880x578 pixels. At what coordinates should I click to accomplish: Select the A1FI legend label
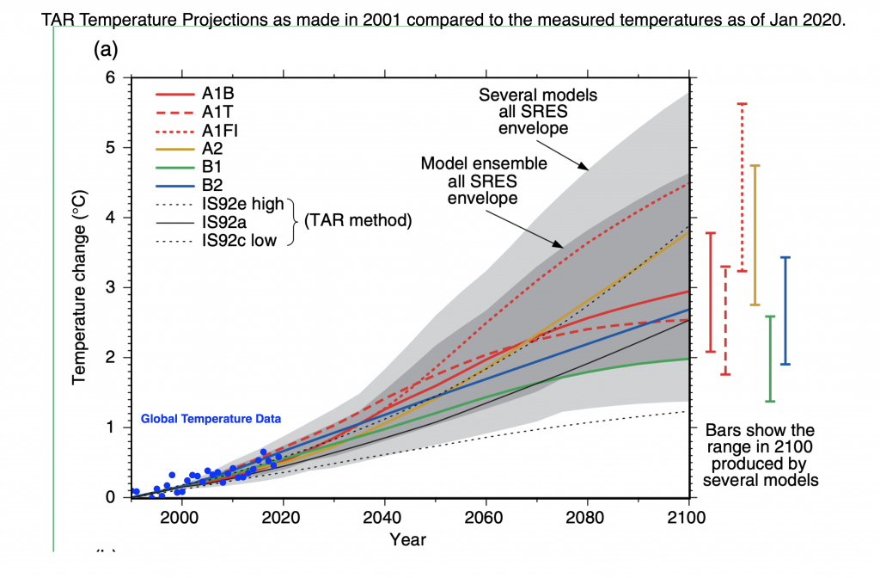coord(218,130)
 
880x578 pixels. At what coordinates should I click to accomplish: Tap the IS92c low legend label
coord(239,240)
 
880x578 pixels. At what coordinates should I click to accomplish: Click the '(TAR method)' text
coord(355,221)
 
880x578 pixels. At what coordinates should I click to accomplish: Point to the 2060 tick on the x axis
coord(486,518)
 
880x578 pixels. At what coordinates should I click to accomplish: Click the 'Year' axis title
coord(407,540)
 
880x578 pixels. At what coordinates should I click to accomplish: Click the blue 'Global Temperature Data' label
coord(211,420)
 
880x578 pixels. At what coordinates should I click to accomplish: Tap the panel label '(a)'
coord(106,50)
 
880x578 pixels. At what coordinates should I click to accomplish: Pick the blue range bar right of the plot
coord(785,311)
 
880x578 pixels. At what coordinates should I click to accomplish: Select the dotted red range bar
coord(742,187)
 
